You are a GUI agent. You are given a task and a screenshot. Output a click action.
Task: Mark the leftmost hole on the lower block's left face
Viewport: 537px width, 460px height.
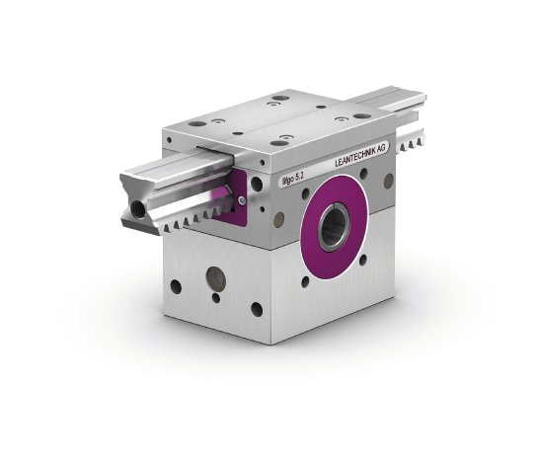point(176,287)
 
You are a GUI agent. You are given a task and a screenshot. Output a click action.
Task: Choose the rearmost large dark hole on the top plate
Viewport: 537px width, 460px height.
point(282,98)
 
